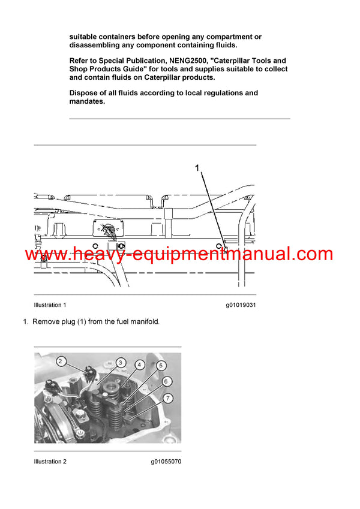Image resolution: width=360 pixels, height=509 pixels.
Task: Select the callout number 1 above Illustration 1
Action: [x=197, y=170]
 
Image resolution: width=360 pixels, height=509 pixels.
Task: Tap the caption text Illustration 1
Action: [x=50, y=305]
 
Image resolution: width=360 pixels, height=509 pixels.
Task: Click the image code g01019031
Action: [x=241, y=305]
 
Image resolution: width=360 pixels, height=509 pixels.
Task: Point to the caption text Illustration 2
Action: [x=50, y=462]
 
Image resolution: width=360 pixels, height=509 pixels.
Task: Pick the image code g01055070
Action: [x=166, y=462]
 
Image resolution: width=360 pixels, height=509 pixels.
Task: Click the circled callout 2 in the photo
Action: [x=61, y=361]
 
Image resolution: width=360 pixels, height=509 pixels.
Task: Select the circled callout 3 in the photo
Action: [x=121, y=362]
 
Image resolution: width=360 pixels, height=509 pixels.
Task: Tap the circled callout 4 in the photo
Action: [x=139, y=364]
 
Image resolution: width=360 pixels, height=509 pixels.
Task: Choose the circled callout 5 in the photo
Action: [x=161, y=365]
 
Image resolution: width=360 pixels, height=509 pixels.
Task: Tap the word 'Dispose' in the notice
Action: [x=83, y=93]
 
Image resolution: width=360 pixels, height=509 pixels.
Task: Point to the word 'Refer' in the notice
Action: [x=80, y=61]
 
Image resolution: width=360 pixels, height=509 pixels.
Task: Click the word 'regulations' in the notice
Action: [x=224, y=93]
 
